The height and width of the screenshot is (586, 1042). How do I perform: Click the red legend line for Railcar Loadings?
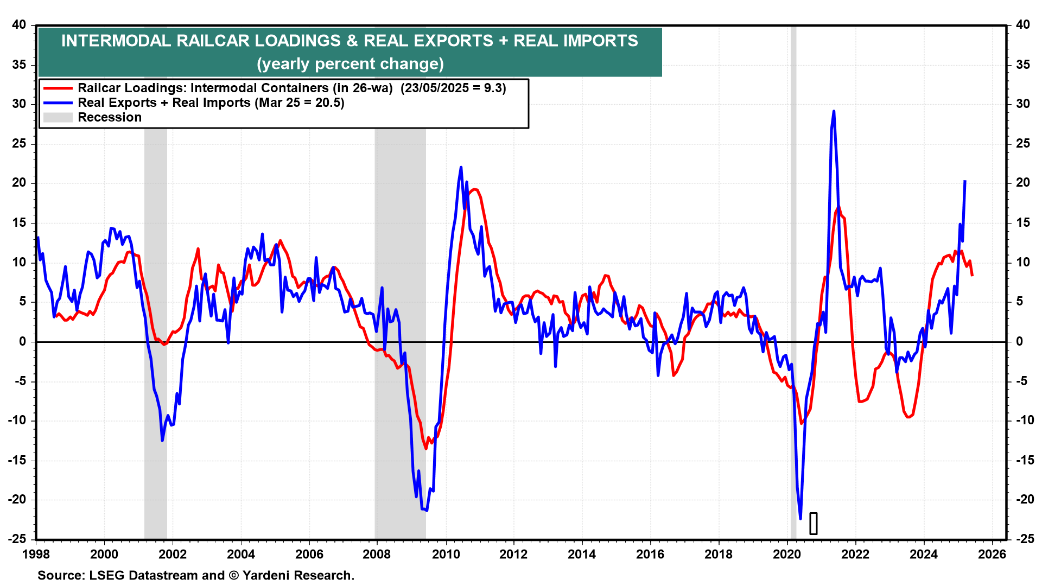pos(58,88)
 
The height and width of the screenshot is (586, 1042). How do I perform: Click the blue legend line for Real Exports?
pos(58,103)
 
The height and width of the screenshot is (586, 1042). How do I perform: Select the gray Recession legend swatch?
pos(58,118)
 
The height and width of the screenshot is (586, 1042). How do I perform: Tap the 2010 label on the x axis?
pos(446,555)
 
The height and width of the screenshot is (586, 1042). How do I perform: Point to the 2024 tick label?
pos(924,555)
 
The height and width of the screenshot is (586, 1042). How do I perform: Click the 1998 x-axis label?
pos(36,555)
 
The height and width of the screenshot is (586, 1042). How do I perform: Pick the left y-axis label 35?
pos(19,65)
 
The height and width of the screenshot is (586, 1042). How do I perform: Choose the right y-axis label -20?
pos(1022,500)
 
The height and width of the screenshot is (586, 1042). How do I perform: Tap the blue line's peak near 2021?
pos(834,111)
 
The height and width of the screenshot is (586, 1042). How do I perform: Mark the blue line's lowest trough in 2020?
pos(800,519)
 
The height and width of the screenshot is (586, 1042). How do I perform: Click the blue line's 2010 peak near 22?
pos(461,167)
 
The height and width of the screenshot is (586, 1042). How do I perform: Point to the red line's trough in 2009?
pos(426,448)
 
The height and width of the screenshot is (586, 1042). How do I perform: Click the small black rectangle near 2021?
pos(813,524)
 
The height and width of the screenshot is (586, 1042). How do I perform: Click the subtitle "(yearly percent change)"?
pos(350,64)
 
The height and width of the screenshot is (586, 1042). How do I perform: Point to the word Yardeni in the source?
pos(268,576)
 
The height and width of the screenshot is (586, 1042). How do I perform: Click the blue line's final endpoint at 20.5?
pos(965,181)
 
